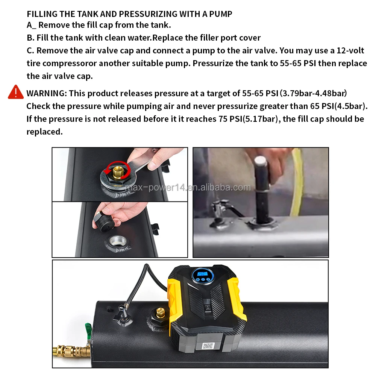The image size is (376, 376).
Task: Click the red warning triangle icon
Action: coord(16,92)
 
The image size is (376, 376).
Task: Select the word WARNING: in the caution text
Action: coord(46,93)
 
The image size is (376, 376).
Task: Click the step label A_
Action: coord(31,25)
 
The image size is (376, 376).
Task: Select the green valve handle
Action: coord(88,329)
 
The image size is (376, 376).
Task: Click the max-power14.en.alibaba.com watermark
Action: coord(188,187)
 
